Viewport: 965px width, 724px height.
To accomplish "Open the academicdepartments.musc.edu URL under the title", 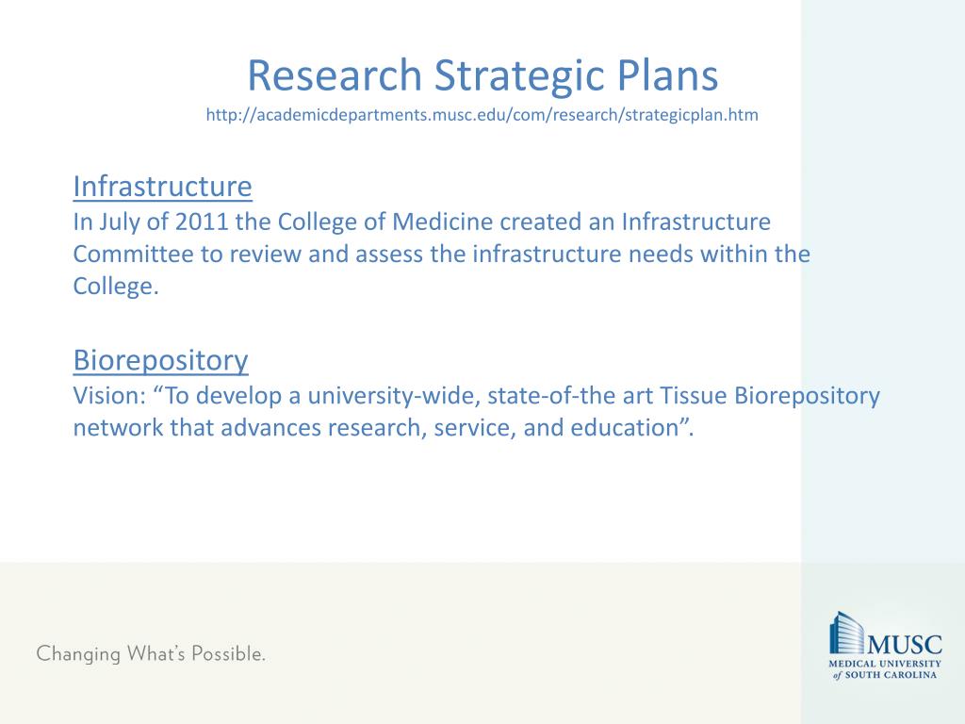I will coord(482,115).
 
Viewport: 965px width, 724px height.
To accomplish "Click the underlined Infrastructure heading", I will coord(162,187).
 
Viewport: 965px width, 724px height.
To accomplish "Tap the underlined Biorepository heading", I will coord(160,360).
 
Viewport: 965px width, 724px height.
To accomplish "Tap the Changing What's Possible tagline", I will coord(151,653).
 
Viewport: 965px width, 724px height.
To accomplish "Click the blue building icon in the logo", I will coord(846,633).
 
